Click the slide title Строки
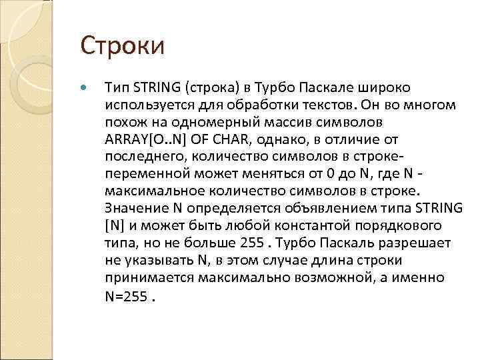[123, 47]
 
